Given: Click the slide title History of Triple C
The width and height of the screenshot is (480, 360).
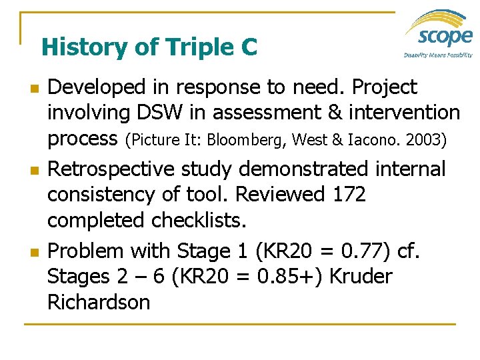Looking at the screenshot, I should pyautogui.click(x=149, y=47).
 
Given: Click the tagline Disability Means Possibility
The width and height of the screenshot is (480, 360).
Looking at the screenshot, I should pyautogui.click(x=438, y=55).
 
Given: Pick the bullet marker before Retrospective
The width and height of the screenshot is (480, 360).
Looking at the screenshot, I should pyautogui.click(x=27, y=171).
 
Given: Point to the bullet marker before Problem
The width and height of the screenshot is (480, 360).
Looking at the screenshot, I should pyautogui.click(x=27, y=253).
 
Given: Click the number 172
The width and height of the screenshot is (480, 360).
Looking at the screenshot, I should pyautogui.click(x=346, y=195).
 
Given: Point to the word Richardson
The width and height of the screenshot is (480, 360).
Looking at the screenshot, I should pyautogui.click(x=99, y=302).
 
